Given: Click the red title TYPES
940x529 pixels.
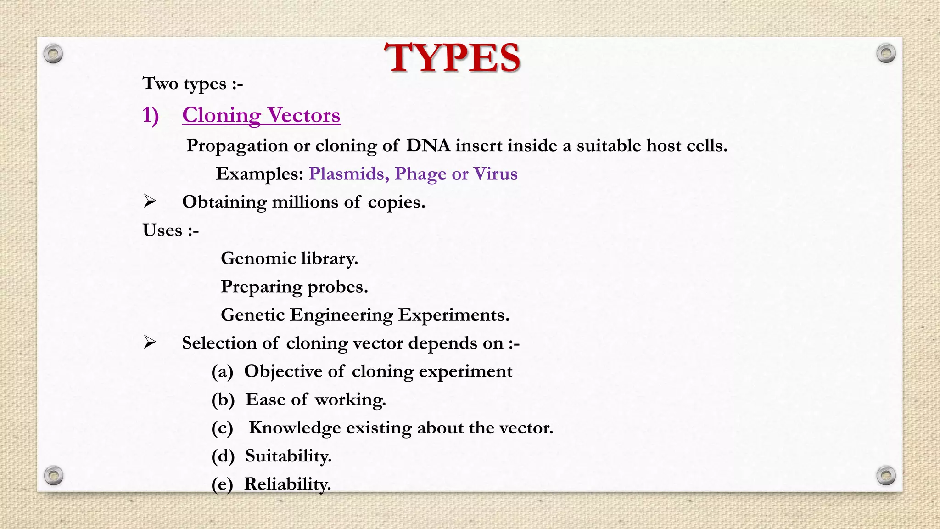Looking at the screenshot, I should tap(452, 58).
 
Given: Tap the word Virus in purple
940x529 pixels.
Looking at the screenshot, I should tap(495, 174).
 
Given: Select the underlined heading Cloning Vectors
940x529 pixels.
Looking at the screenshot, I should tap(261, 115).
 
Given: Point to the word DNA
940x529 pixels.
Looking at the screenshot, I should tap(428, 146).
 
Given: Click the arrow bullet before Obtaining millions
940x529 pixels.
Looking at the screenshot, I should tap(150, 201).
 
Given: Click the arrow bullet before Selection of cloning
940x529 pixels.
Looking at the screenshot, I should tap(150, 342).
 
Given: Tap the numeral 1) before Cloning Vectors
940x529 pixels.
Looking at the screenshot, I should tap(151, 115).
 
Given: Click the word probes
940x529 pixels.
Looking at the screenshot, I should tap(337, 287).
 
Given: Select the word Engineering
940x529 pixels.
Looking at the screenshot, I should tap(341, 315).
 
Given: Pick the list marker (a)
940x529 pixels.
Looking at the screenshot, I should tap(222, 371).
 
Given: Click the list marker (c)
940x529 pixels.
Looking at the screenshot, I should tap(222, 428).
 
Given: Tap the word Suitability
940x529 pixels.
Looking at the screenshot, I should tap(288, 456).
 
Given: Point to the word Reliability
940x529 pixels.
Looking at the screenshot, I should tap(287, 484).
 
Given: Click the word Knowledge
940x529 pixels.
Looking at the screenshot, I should tap(295, 428).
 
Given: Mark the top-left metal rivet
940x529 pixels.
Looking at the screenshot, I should tap(53, 54).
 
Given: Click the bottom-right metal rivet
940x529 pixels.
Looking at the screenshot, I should tap(886, 475).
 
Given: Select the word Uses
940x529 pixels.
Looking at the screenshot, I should tap(162, 230).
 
